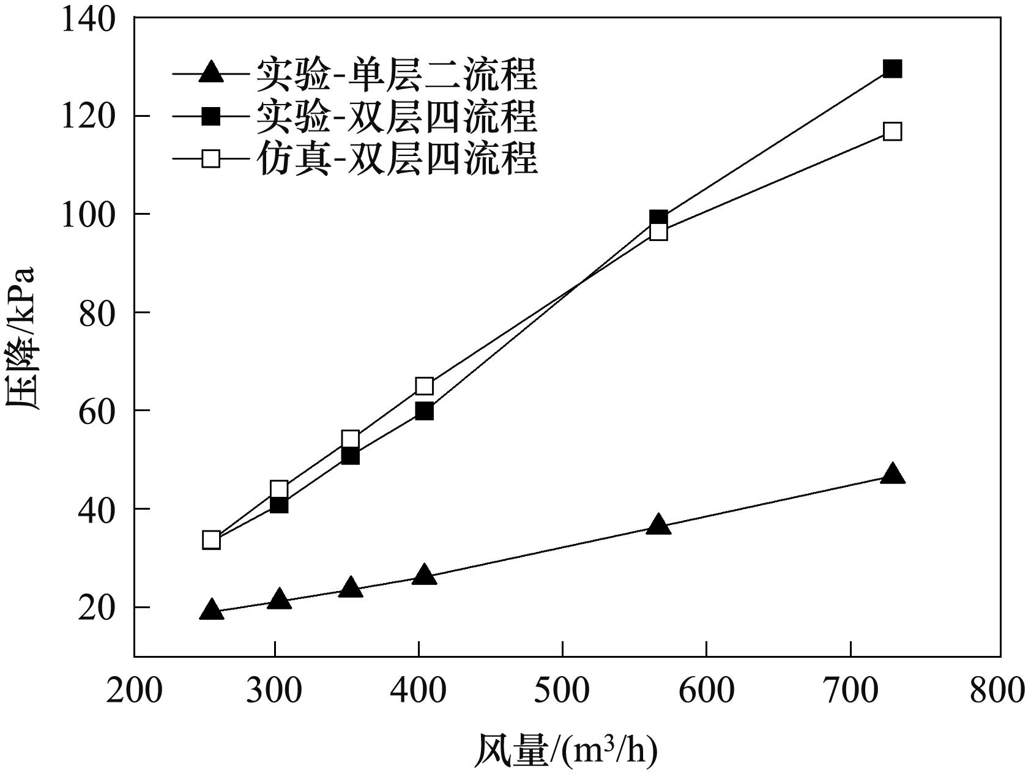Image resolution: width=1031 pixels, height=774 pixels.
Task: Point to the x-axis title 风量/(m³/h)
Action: click(565, 750)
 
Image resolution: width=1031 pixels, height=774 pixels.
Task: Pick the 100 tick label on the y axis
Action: click(88, 214)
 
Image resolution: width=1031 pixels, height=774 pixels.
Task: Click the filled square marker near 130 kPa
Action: click(893, 69)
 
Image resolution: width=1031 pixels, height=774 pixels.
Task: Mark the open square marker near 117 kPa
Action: click(893, 132)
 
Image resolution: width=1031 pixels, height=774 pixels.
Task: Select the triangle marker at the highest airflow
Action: click(893, 475)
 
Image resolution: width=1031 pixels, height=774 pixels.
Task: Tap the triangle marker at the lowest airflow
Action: click(211, 610)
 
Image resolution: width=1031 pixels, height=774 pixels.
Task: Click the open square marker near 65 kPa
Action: click(425, 386)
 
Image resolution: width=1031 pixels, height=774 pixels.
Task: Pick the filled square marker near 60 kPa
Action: click(425, 411)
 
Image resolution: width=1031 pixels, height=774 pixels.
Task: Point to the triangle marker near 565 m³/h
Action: click(658, 525)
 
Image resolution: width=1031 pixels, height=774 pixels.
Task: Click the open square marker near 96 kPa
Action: click(658, 232)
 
